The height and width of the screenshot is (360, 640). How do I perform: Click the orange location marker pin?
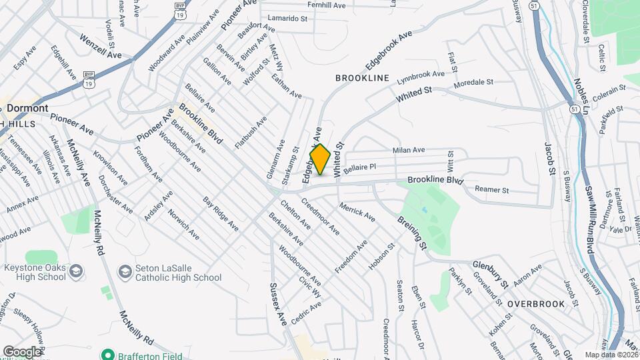tap(320, 160)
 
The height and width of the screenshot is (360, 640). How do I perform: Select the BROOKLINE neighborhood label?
tap(362, 78)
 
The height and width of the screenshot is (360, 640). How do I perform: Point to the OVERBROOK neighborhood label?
tap(535, 303)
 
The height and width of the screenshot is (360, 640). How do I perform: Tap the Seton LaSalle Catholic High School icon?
tap(125, 271)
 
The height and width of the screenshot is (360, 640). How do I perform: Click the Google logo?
tap(22, 351)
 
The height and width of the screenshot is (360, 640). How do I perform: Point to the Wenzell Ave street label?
tap(100, 47)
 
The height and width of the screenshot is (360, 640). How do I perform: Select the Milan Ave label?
tap(409, 151)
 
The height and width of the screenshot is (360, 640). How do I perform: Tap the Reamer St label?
tap(491, 190)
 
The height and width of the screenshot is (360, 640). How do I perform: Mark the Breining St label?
tap(411, 232)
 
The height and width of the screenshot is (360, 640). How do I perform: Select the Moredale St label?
tap(473, 83)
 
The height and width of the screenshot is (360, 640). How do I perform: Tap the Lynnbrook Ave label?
tap(420, 77)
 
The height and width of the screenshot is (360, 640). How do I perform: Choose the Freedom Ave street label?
tap(351, 256)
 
